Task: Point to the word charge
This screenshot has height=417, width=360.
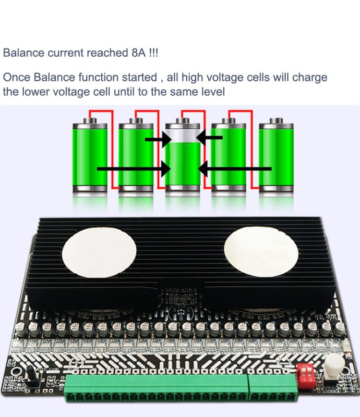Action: point(310,77)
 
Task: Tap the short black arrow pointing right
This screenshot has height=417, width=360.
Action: point(158,140)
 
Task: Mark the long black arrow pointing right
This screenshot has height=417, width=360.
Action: point(134,169)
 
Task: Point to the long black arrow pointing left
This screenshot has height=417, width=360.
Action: point(235,169)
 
